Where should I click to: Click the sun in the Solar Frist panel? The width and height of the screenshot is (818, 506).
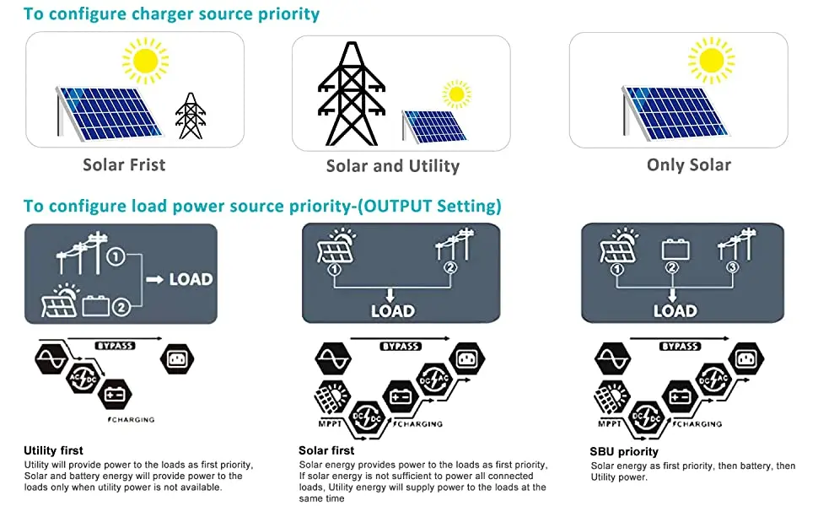(x=145, y=60)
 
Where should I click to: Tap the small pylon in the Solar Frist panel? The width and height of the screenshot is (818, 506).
(x=191, y=116)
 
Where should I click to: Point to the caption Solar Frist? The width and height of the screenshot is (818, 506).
(x=124, y=164)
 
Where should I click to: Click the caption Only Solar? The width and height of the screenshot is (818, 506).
(x=688, y=164)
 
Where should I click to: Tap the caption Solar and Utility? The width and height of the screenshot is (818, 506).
(x=392, y=166)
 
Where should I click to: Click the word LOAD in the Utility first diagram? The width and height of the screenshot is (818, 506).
(x=191, y=279)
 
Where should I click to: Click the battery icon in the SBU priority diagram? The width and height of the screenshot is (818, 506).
(x=675, y=249)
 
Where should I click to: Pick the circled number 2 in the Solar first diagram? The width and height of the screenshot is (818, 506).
(x=449, y=269)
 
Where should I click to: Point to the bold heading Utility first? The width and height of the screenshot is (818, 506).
(x=54, y=450)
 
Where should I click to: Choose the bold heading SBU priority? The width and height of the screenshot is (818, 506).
(x=624, y=452)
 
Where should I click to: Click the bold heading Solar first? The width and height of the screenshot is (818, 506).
(x=326, y=450)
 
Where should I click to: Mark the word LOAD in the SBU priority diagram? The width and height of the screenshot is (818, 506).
(x=675, y=310)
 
